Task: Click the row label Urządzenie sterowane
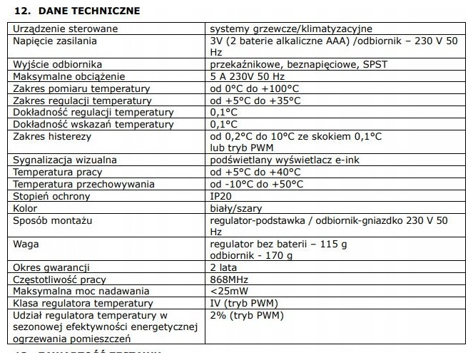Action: point(65,29)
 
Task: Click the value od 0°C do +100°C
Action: point(255,88)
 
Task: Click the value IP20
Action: point(221,196)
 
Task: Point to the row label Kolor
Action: point(25,208)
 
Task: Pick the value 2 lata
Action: point(224,267)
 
